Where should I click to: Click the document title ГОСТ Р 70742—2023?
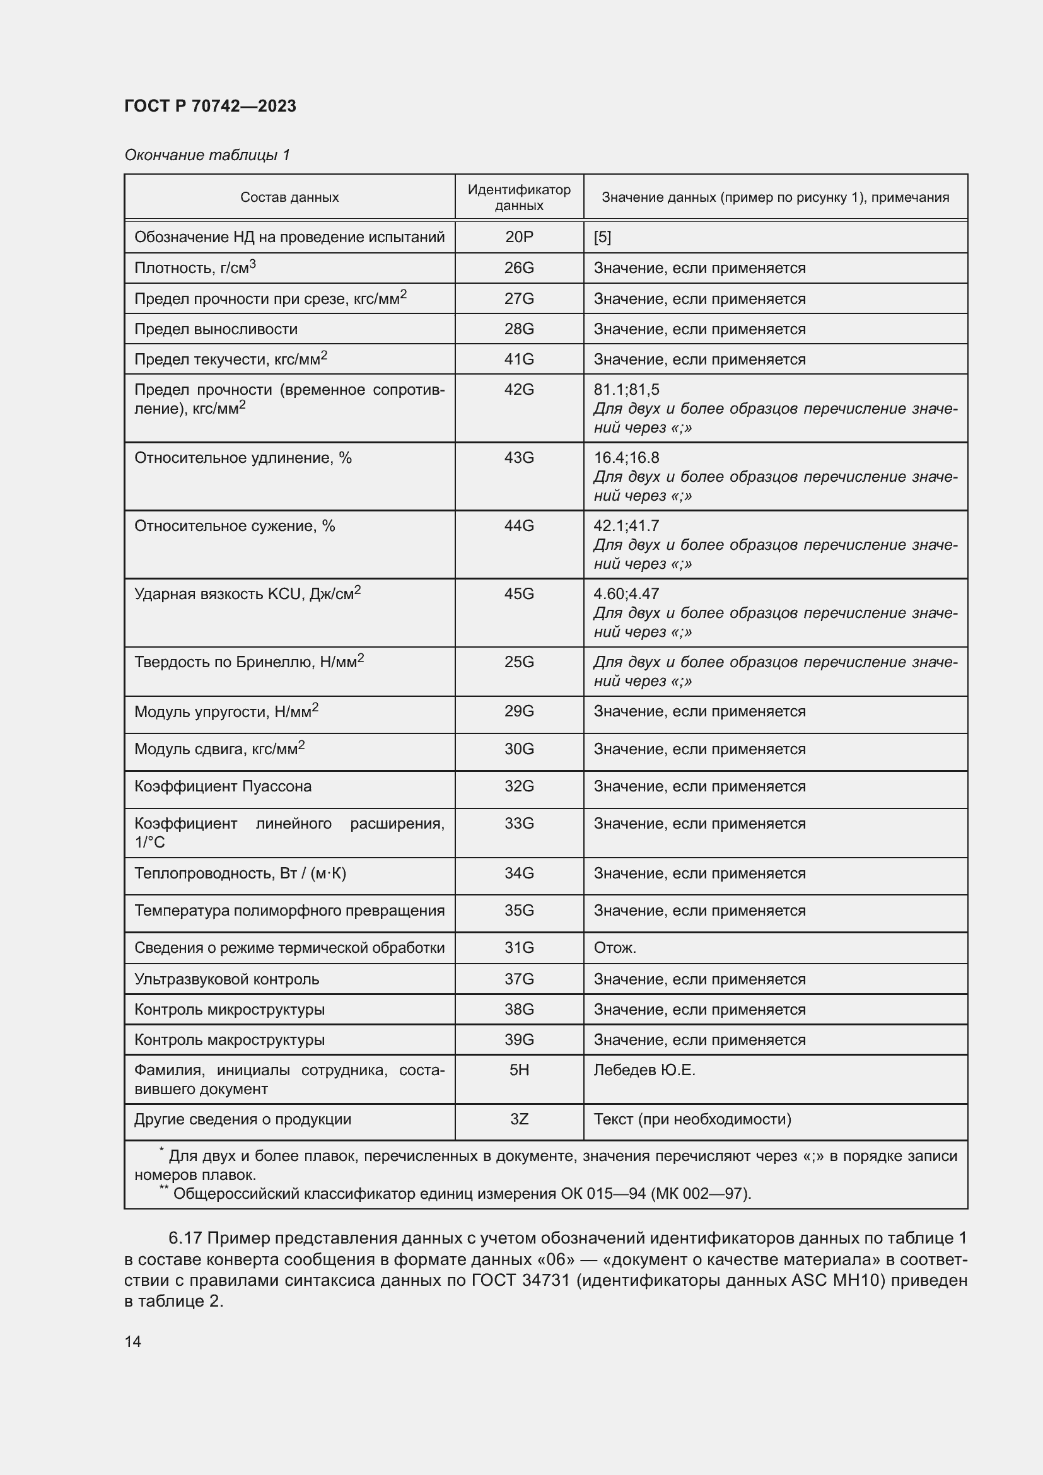210,106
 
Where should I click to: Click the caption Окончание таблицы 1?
207,155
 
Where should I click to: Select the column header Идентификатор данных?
518,197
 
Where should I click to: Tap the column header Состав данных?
289,197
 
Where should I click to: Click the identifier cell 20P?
518,237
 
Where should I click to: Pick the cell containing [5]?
602,237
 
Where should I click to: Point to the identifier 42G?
518,389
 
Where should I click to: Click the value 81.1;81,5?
626,389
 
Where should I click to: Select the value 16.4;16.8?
626,457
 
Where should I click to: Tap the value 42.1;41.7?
626,525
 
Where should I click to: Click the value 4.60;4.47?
626,593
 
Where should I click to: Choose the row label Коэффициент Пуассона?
222,786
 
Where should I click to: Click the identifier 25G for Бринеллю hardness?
518,662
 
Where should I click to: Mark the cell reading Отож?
614,948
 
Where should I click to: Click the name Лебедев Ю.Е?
644,1070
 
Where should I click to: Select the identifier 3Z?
518,1119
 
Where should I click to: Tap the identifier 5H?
518,1070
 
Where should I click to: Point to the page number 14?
132,1341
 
